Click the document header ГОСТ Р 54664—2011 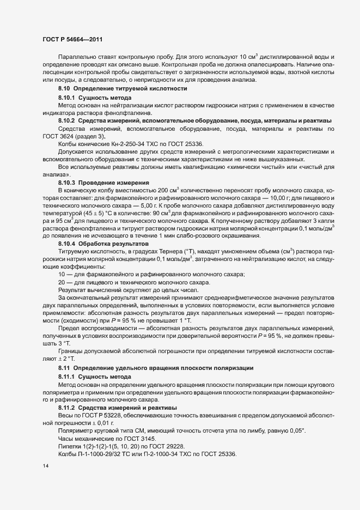coord(72,40)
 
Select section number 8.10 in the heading coord(64,88)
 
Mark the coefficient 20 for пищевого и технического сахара coord(62,282)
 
